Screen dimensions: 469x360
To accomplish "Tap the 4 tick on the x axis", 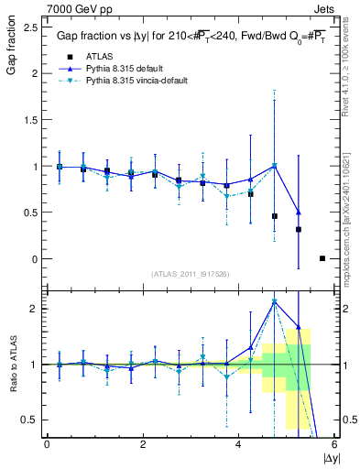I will (238, 444).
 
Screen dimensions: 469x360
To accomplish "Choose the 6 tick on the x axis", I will (334, 444).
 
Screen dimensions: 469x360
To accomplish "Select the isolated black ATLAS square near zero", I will (322, 258).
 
